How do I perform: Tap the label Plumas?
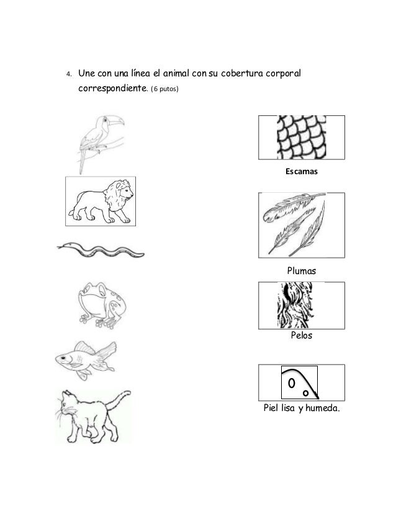301,271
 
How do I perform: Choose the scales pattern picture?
300,138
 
